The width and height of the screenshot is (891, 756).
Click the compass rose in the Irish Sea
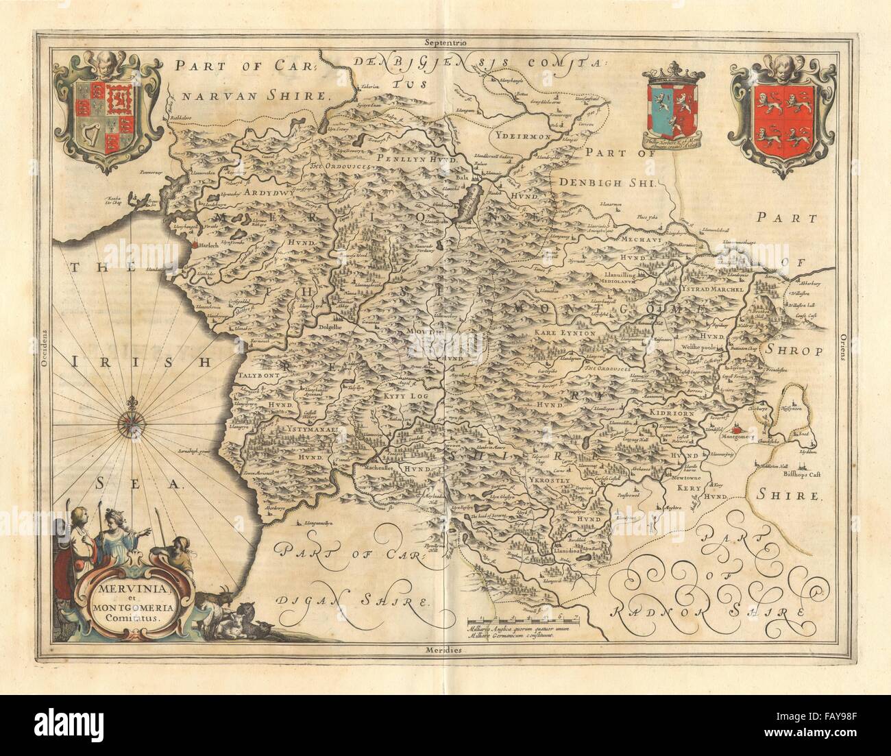(x=129, y=425)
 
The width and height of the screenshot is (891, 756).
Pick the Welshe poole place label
(x=701, y=347)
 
